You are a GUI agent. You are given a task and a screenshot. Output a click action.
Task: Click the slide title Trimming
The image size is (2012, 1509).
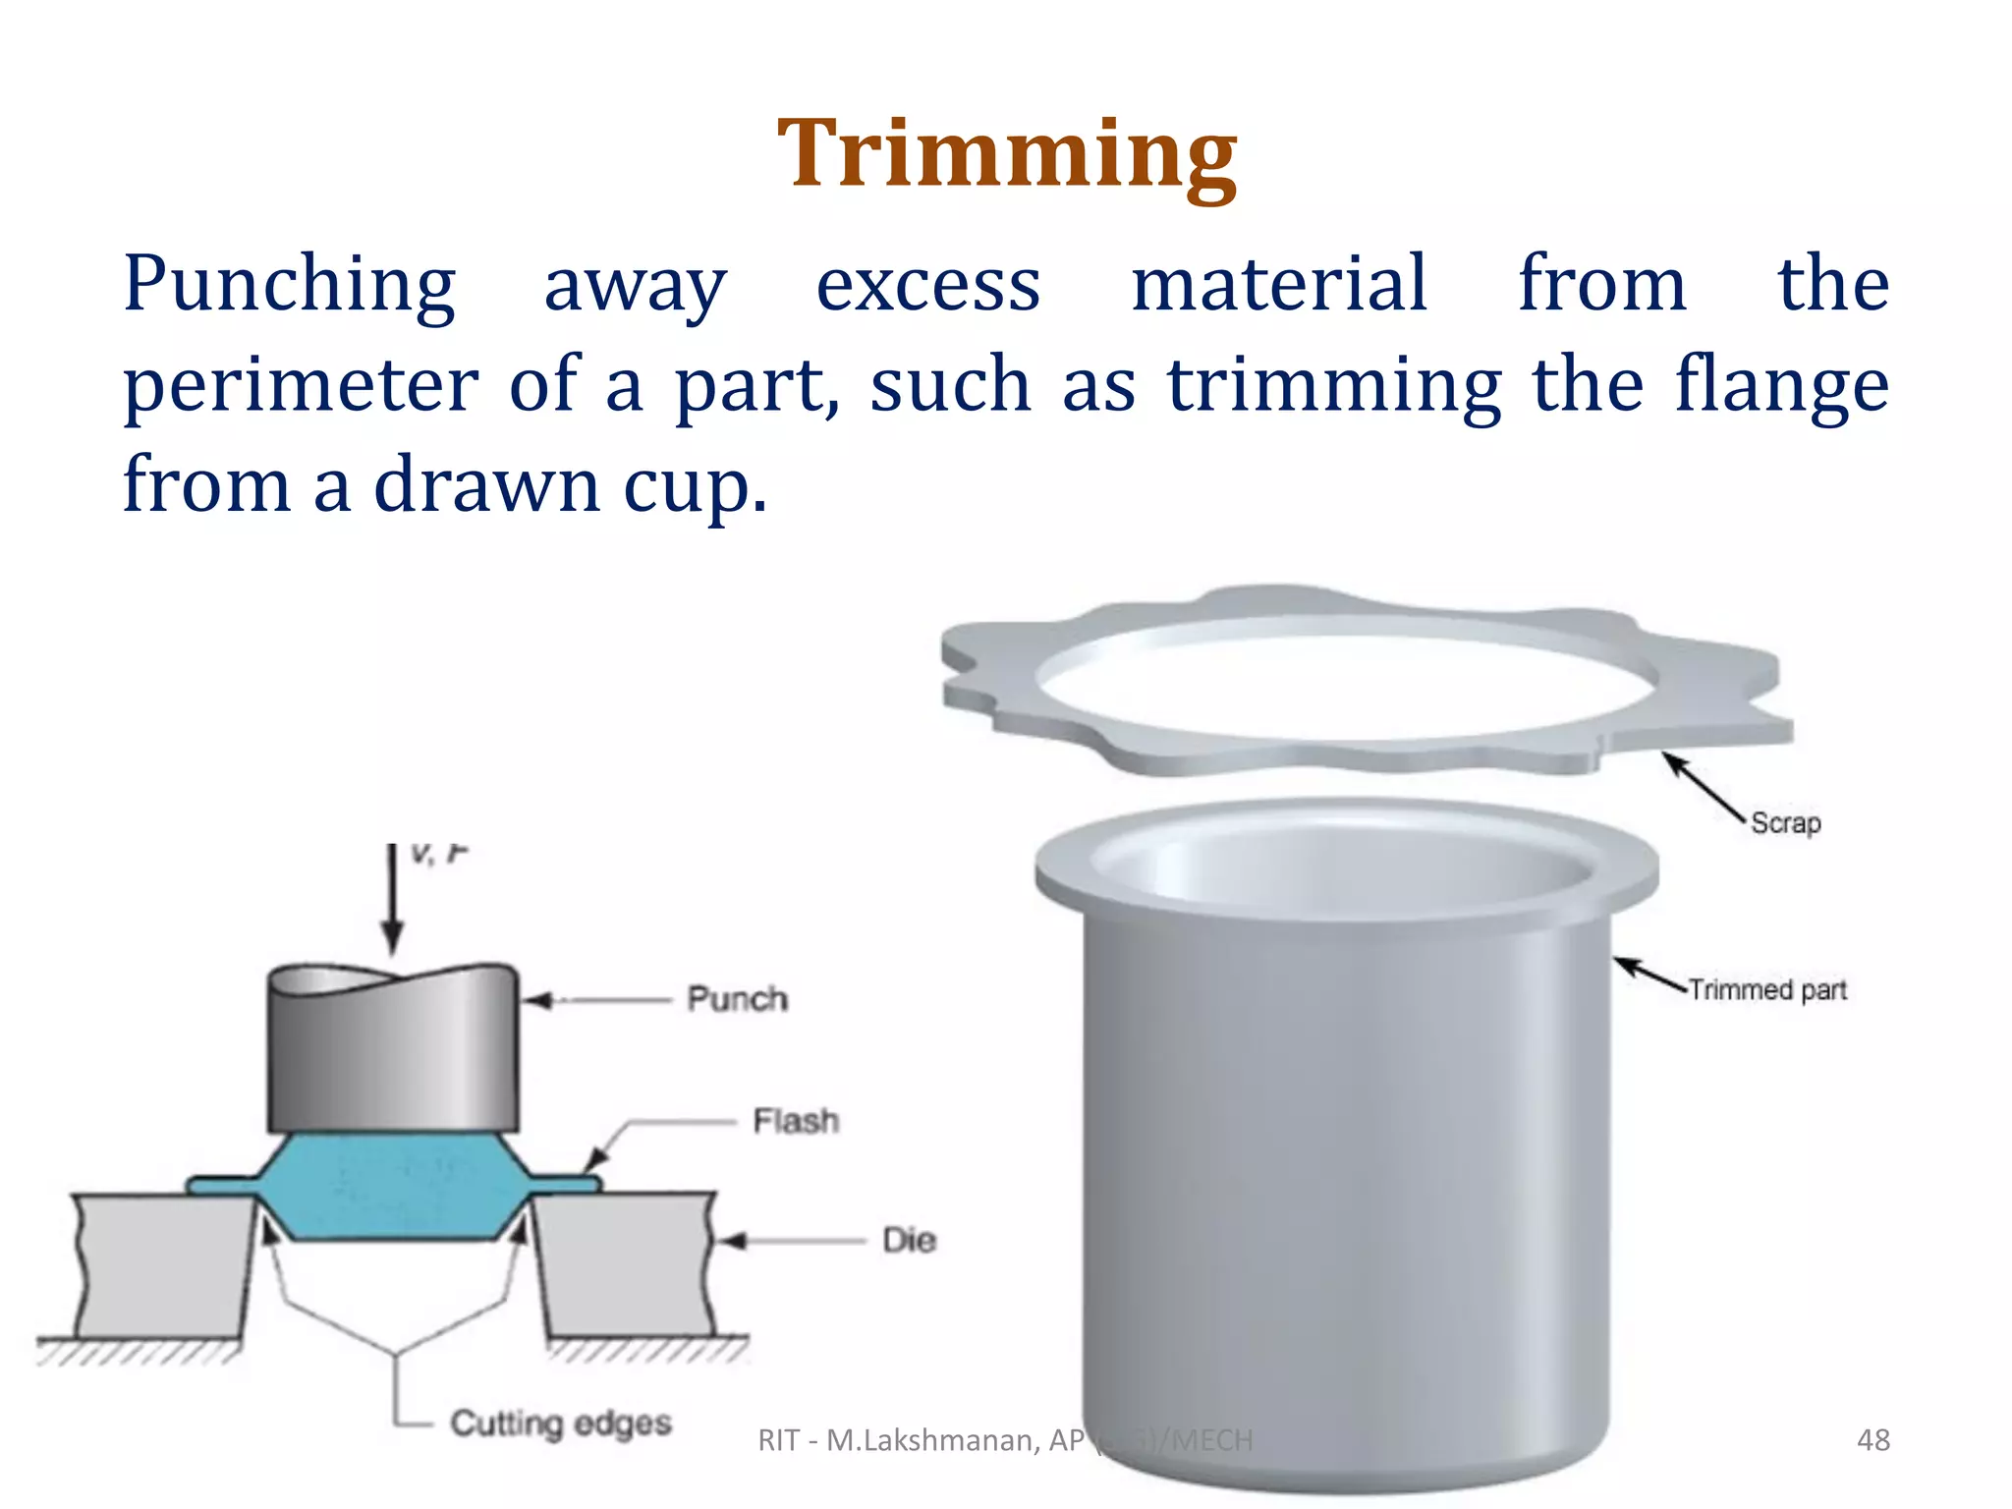pyautogui.click(x=1006, y=155)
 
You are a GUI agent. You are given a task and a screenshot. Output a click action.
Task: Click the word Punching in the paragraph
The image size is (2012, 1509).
pyautogui.click(x=289, y=285)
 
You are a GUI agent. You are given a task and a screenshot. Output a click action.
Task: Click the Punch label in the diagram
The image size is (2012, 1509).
pyautogui.click(x=737, y=999)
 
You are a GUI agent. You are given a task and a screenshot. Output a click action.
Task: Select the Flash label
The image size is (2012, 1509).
pyautogui.click(x=796, y=1121)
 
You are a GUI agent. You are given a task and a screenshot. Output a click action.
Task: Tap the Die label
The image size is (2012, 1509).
pyautogui.click(x=909, y=1240)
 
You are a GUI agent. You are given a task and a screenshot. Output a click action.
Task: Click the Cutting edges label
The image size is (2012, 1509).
pyautogui.click(x=560, y=1423)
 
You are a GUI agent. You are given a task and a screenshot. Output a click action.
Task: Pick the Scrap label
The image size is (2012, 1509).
pyautogui.click(x=1785, y=822)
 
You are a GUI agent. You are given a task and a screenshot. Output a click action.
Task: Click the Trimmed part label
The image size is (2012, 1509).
pyautogui.click(x=1767, y=989)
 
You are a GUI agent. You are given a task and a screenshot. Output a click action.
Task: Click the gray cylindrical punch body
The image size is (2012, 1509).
pyautogui.click(x=393, y=1051)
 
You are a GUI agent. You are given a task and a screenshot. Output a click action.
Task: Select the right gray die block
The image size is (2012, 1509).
pyautogui.click(x=629, y=1267)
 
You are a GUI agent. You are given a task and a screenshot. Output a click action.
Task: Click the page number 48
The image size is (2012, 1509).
pyautogui.click(x=1872, y=1440)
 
